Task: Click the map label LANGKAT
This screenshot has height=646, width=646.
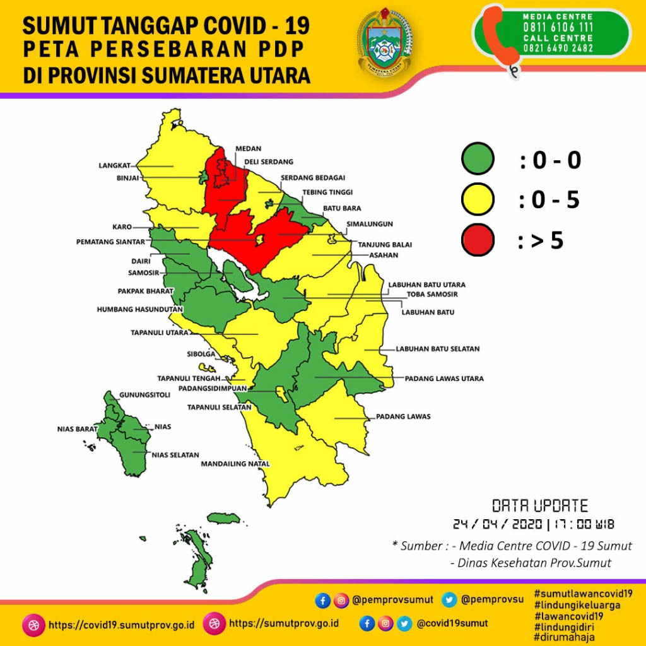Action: pos(114,165)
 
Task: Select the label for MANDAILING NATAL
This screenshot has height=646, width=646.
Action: pos(235,464)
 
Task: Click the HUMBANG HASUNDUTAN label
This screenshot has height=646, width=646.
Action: pos(139,310)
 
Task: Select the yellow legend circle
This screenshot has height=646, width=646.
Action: pos(478,200)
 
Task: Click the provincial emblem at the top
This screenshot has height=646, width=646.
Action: pos(384,42)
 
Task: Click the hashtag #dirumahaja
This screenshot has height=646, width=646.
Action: pos(564,637)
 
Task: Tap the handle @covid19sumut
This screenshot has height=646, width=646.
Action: pos(452,624)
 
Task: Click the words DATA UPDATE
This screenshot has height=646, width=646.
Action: pos(539,506)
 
